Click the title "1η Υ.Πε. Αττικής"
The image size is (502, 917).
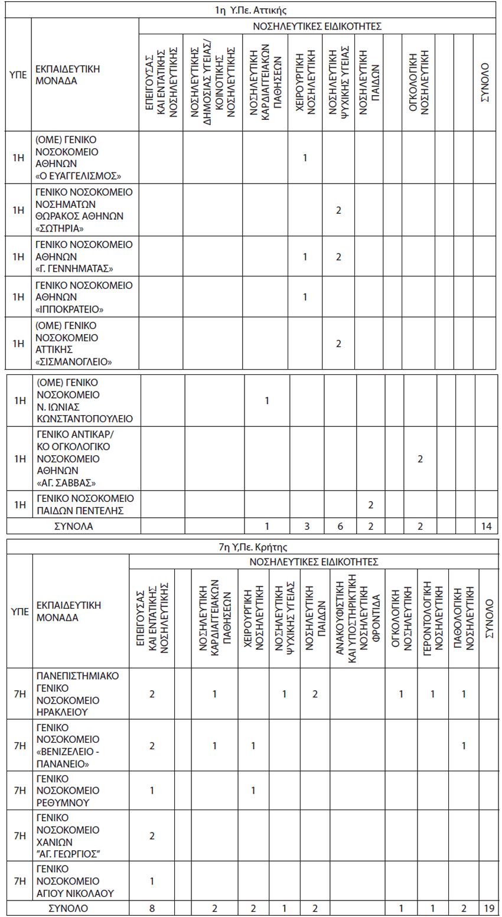coord(251,10)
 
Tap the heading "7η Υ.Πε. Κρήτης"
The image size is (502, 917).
coord(253,547)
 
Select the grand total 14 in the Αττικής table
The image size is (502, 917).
coord(486,526)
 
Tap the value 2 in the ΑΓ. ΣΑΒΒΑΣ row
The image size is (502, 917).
coord(420,459)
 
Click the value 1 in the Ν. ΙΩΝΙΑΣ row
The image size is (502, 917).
coord(267,401)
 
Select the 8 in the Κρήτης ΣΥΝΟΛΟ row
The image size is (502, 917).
coord(152,908)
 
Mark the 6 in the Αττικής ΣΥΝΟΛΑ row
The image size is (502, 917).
coord(340,526)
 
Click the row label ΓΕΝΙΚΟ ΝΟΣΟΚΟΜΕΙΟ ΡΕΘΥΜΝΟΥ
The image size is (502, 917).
coord(68,791)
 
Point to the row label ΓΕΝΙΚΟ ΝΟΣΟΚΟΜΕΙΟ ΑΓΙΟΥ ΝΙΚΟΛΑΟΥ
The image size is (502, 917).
coord(75,881)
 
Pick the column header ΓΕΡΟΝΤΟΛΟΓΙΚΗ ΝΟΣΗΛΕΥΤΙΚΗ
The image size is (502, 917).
coord(433,618)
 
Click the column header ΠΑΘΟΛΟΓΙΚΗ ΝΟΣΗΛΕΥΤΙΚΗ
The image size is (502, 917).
coord(464,618)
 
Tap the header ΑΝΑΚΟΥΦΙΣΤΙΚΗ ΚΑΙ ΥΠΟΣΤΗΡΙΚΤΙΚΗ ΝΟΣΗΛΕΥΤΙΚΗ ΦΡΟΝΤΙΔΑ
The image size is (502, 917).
coord(357,618)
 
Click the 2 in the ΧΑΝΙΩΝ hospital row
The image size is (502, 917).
coord(152,836)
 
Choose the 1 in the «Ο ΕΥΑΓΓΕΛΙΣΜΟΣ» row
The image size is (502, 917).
coord(305,158)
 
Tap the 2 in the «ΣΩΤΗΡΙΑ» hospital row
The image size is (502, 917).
coord(338,210)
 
